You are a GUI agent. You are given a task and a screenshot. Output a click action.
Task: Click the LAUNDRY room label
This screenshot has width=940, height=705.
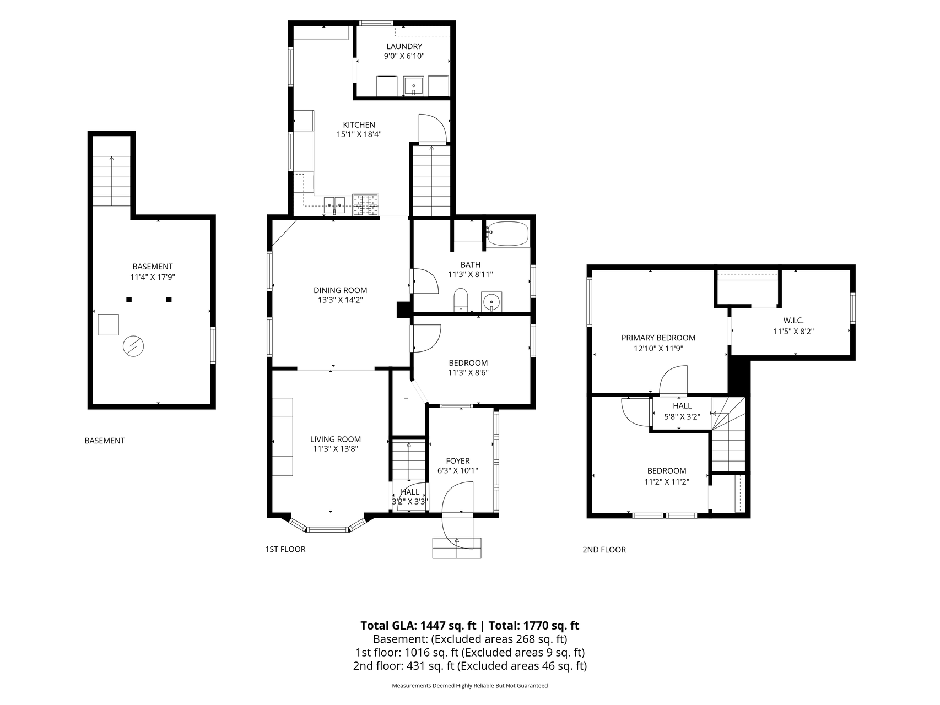404,46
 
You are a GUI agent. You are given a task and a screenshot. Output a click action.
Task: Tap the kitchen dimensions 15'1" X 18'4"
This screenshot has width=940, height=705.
359,134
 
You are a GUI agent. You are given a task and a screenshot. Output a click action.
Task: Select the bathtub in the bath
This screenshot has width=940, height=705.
507,234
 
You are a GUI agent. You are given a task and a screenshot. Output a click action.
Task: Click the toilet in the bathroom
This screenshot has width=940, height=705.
460,300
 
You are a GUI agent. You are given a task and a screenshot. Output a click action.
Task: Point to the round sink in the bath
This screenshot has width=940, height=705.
490,301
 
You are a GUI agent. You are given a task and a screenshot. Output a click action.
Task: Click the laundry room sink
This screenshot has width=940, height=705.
414,86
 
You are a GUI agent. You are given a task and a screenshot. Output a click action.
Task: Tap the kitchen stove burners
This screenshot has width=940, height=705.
366,205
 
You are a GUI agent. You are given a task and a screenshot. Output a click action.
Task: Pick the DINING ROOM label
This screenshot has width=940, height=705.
340,290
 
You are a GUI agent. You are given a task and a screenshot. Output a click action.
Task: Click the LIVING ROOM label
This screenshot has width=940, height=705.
335,439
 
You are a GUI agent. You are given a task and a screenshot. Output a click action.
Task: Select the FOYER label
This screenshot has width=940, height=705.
457,461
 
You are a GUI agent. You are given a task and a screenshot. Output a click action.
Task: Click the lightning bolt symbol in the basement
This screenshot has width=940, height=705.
133,346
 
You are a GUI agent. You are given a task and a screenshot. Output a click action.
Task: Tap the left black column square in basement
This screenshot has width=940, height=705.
129,300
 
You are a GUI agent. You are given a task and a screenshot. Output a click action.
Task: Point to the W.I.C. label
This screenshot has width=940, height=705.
793,321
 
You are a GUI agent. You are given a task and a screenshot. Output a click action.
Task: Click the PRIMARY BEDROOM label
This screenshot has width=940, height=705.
658,338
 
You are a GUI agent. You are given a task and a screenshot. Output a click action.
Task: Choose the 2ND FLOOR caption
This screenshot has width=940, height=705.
604,550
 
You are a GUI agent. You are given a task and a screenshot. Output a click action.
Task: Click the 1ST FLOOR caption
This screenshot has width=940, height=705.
285,549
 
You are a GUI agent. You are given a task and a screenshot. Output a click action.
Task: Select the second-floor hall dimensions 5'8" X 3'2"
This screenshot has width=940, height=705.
682,417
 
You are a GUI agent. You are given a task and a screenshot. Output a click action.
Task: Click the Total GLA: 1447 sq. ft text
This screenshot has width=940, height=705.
418,625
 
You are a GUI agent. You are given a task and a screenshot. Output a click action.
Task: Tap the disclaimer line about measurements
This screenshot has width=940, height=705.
469,686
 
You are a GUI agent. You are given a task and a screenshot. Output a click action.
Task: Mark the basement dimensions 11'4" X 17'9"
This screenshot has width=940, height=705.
152,278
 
